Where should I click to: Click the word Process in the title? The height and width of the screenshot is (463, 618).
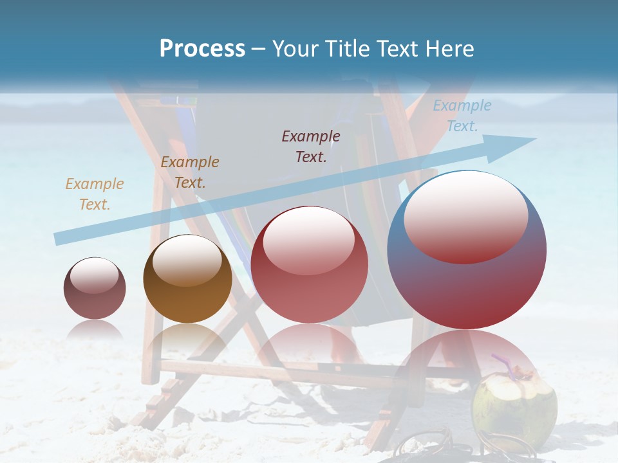(202, 49)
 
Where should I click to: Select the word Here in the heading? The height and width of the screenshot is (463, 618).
(451, 49)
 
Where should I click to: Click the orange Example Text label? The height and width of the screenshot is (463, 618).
(95, 194)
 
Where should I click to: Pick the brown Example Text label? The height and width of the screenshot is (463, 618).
(190, 172)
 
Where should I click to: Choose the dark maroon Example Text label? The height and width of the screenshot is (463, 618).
(311, 146)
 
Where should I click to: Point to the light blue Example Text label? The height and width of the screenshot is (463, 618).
(462, 115)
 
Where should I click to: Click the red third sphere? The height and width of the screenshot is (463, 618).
(310, 270)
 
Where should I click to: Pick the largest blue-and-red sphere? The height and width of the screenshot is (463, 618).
(467, 283)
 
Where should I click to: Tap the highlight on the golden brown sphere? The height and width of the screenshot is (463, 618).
(187, 259)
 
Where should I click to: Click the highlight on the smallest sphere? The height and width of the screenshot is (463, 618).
(94, 275)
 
